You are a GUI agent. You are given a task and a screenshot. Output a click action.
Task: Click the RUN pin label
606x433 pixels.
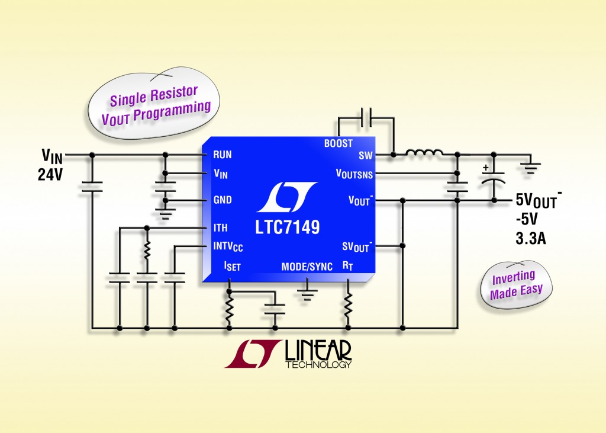(x=222, y=155)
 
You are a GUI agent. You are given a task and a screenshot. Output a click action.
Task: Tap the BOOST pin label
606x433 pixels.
(x=338, y=143)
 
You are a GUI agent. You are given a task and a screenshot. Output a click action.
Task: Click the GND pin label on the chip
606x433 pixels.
(x=223, y=200)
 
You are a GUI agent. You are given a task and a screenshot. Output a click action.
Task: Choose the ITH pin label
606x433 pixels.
(x=220, y=227)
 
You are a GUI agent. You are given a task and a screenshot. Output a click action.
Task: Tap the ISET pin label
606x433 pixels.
(x=231, y=267)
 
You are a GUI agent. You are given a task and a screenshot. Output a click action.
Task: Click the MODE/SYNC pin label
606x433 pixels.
(x=307, y=267)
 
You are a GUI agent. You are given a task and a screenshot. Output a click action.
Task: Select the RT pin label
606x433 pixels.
(x=347, y=267)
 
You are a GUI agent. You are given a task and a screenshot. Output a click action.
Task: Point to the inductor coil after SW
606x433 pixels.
(x=424, y=154)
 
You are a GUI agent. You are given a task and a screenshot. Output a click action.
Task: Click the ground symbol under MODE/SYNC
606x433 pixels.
(x=307, y=291)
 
